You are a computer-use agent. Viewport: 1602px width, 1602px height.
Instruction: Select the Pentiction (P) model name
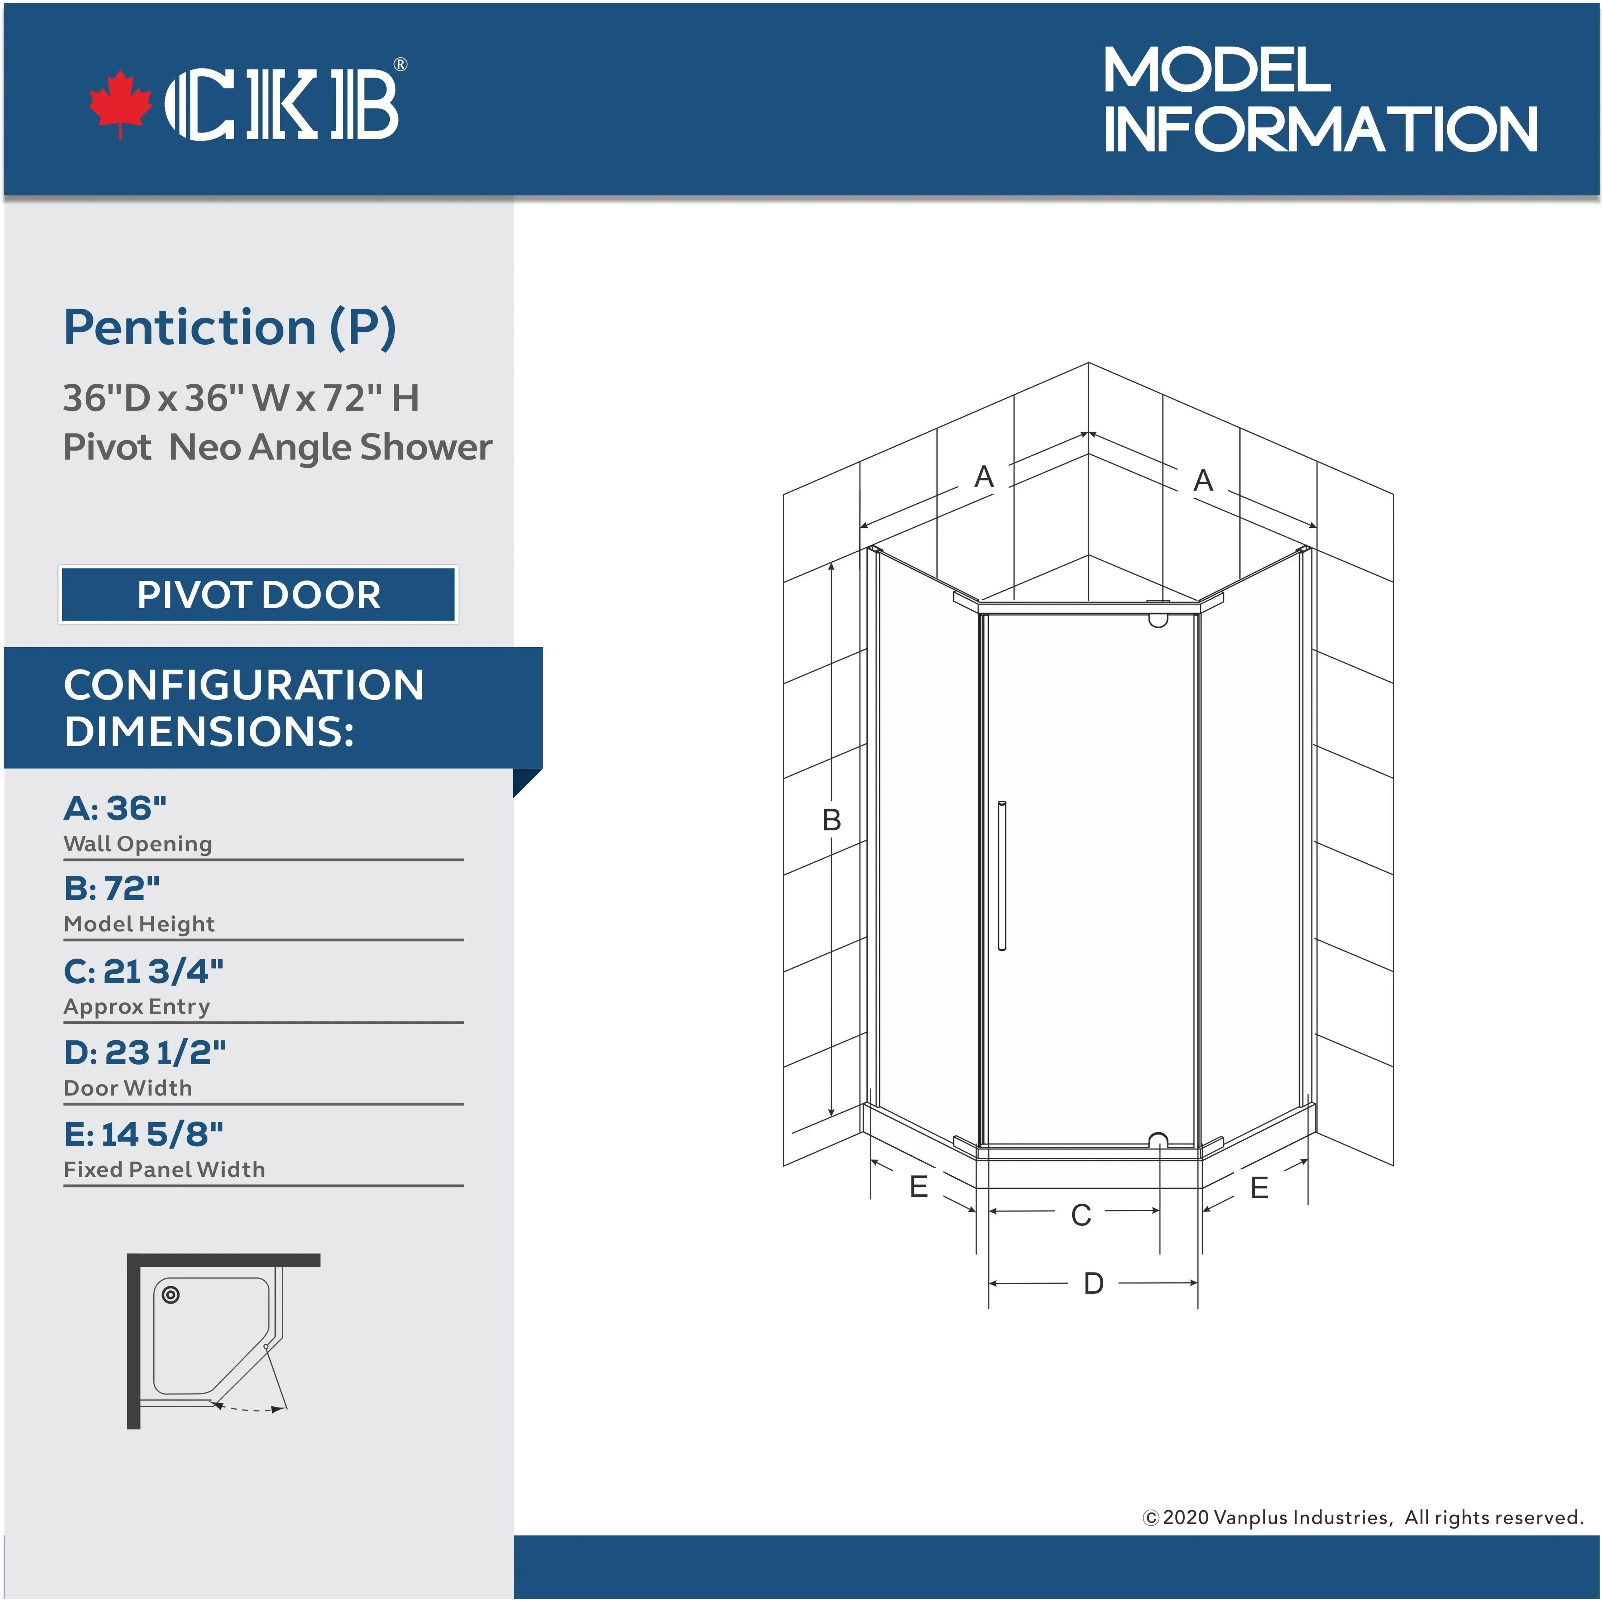pyautogui.click(x=230, y=327)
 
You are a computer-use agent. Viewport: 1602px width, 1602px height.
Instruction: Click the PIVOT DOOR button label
pyautogui.click(x=259, y=595)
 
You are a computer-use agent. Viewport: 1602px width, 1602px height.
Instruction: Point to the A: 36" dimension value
pyautogui.click(x=115, y=808)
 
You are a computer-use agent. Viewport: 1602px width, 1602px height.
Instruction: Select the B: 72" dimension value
pyautogui.click(x=112, y=888)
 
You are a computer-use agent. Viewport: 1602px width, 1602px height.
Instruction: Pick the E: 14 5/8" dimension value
pyautogui.click(x=143, y=1133)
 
